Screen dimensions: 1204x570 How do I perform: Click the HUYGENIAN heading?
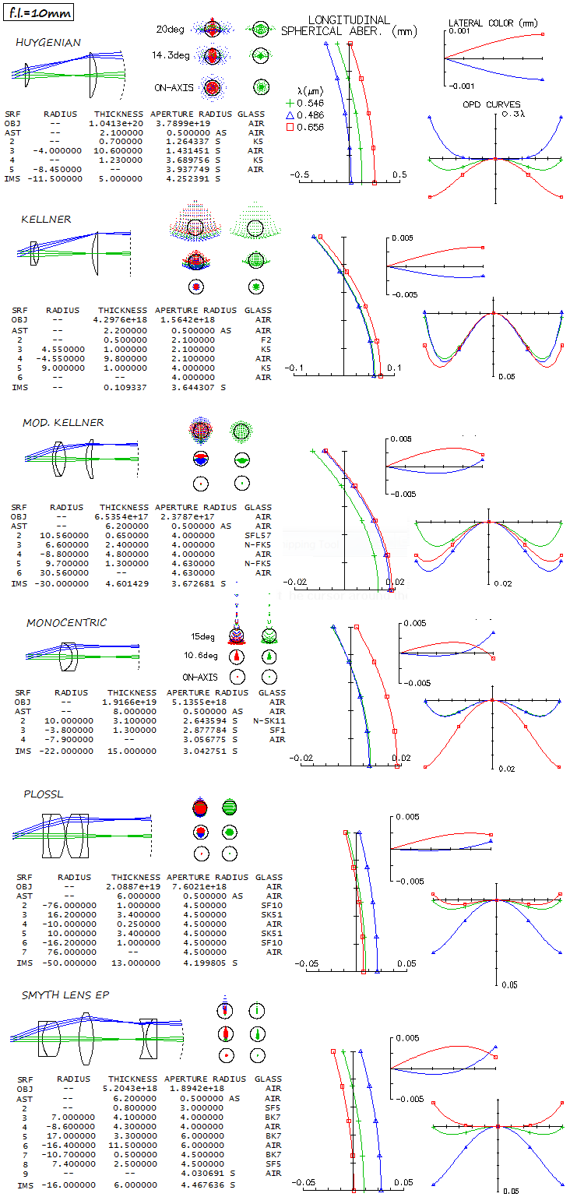click(48, 42)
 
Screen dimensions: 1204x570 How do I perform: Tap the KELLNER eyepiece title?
click(46, 219)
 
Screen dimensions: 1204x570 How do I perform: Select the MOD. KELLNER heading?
click(63, 422)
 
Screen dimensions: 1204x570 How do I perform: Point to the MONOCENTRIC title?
click(67, 623)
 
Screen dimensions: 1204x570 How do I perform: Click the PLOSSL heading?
click(44, 794)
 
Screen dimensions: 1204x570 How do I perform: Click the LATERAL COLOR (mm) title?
click(494, 23)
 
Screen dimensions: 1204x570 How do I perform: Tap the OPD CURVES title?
click(491, 104)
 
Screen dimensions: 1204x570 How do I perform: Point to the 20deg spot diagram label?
click(171, 30)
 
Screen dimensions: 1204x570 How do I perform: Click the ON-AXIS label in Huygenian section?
click(173, 87)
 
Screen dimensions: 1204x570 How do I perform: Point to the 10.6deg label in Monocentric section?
click(201, 655)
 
